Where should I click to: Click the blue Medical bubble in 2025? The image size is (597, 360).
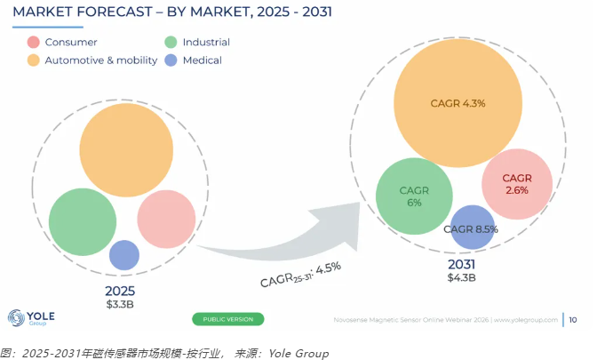(x=124, y=255)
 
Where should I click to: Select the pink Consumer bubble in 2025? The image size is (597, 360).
(x=166, y=219)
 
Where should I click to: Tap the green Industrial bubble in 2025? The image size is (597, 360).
(x=83, y=221)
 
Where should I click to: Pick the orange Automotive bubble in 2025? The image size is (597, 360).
(x=126, y=149)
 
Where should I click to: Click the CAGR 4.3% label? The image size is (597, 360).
(x=458, y=103)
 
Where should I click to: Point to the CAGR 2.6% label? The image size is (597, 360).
(x=517, y=184)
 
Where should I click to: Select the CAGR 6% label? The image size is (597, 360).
(x=414, y=196)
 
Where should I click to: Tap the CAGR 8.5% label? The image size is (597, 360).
(x=471, y=229)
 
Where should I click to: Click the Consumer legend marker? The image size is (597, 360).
(x=34, y=42)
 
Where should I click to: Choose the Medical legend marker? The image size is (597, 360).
(x=171, y=60)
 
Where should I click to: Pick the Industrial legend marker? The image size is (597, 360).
(x=171, y=42)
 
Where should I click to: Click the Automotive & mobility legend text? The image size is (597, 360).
(x=101, y=60)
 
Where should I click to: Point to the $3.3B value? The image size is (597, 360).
(x=120, y=304)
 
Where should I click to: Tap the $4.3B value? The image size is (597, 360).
(x=461, y=277)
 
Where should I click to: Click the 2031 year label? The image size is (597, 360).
(x=461, y=264)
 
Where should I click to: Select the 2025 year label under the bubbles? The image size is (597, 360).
(x=120, y=291)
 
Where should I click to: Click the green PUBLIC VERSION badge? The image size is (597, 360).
(x=228, y=319)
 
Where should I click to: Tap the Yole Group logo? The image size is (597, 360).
(x=31, y=317)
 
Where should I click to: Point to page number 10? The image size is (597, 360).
(x=573, y=320)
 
